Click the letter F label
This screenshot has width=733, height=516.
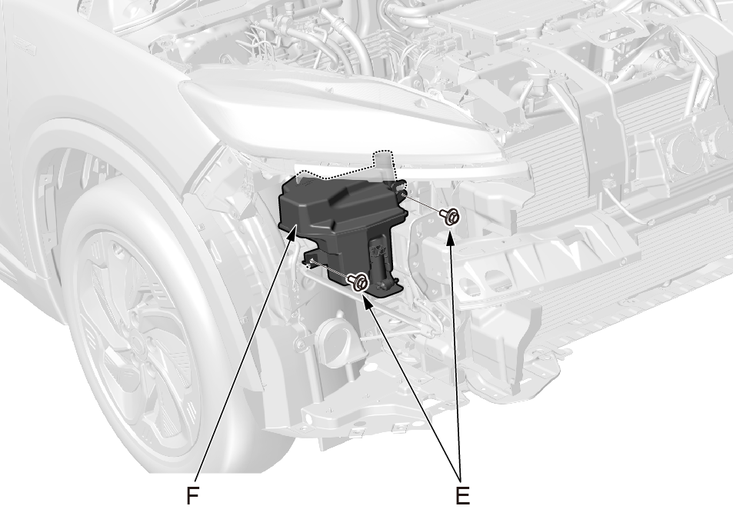point(192,495)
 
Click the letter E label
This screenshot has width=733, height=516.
point(462,495)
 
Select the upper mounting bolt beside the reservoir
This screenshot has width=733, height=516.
point(449,217)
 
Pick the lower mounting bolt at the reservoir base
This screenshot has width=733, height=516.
point(358,281)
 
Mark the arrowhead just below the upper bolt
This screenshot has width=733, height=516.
point(451,237)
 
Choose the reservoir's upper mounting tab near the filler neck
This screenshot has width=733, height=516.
point(400,186)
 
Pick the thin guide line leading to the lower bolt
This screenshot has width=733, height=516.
point(329,271)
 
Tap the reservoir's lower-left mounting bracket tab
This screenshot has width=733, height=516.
point(311,258)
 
